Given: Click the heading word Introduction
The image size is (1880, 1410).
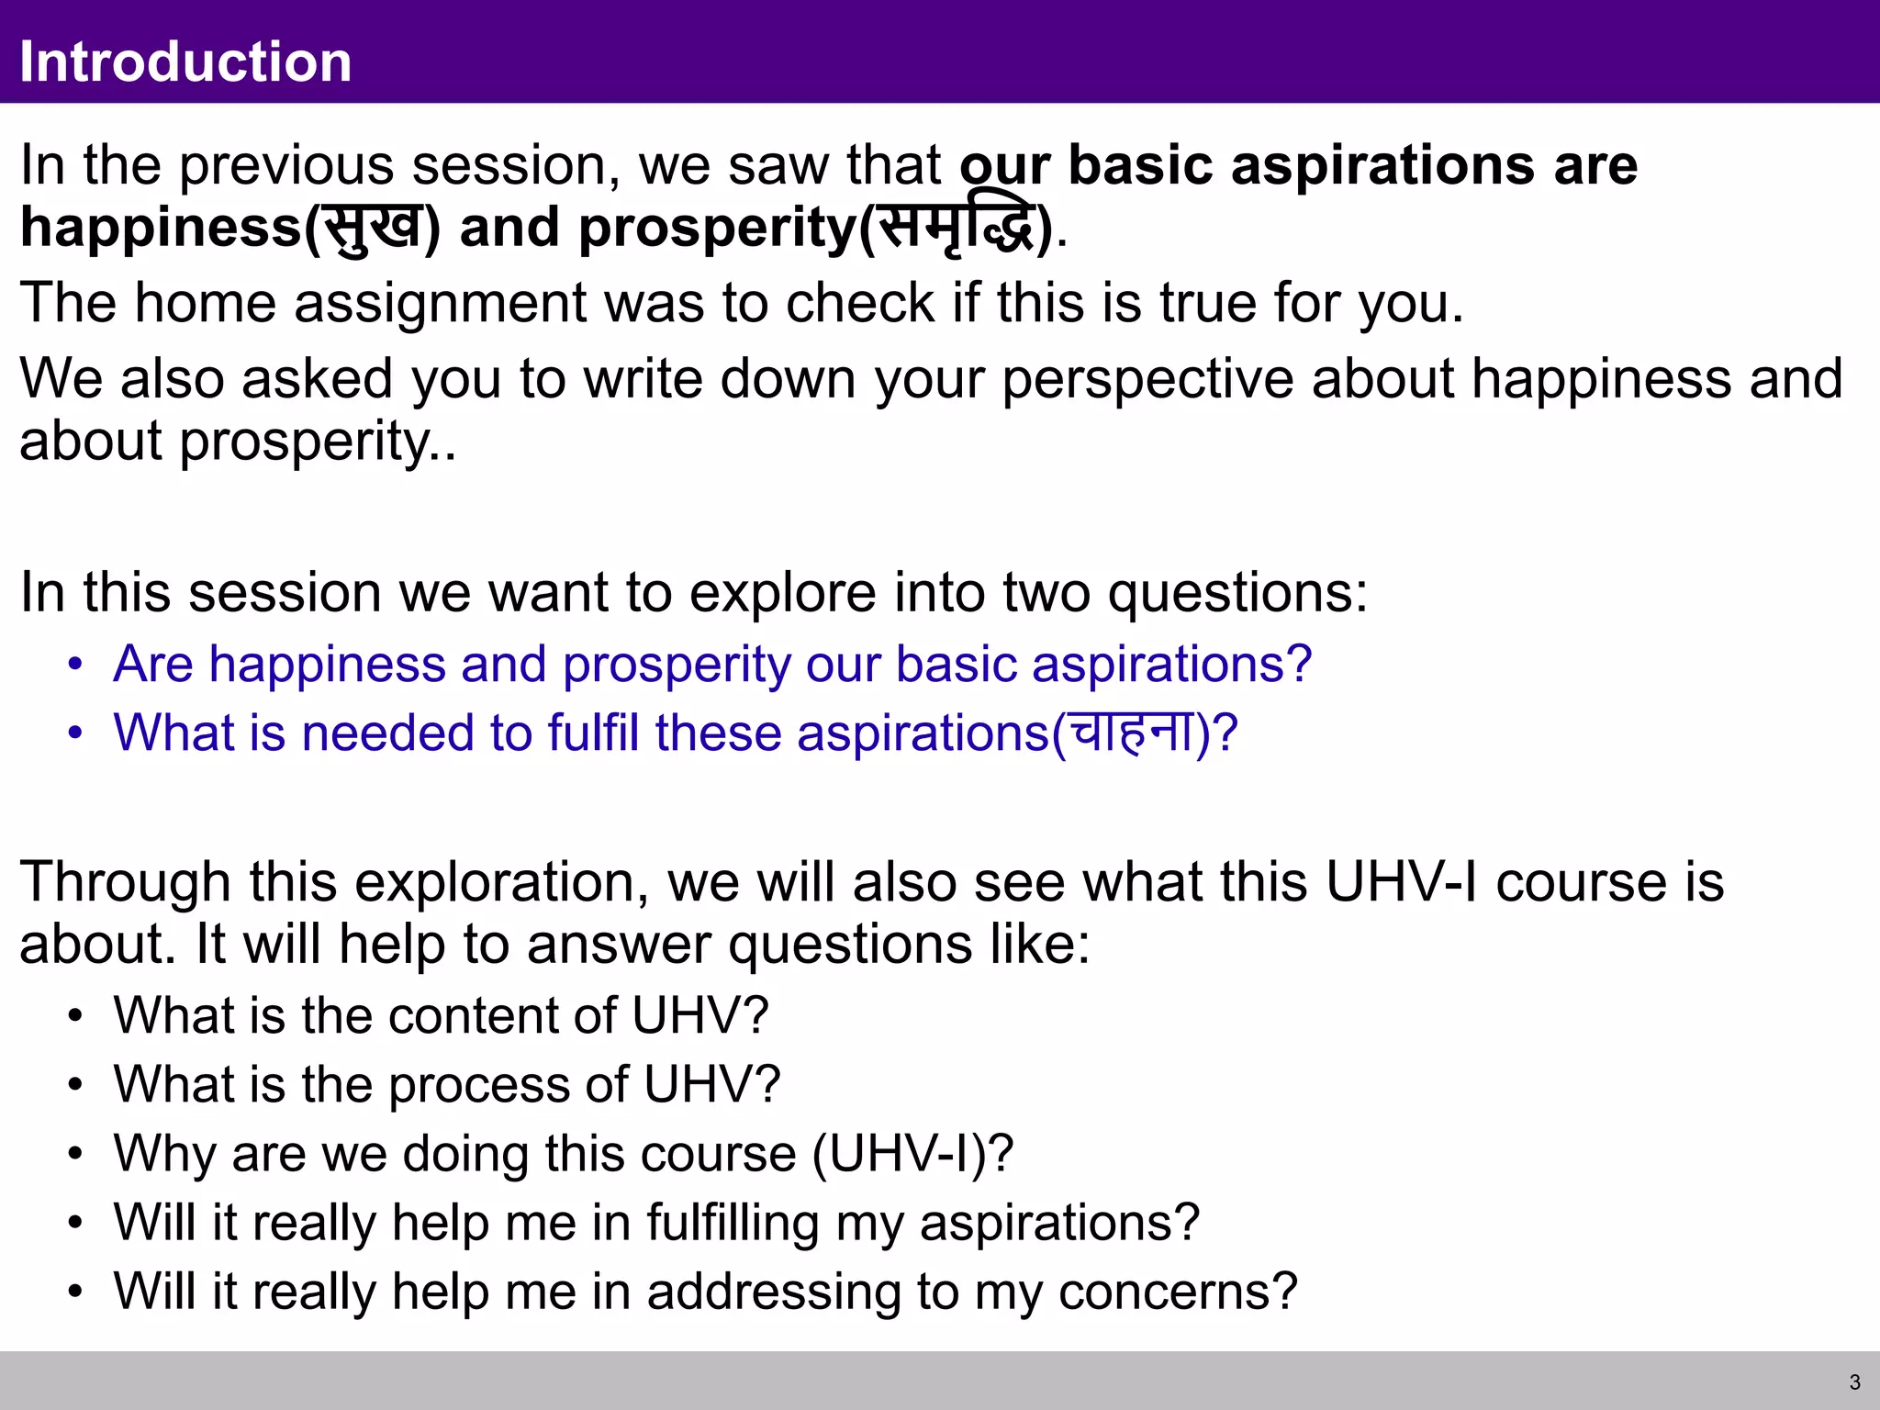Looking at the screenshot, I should click(x=185, y=62).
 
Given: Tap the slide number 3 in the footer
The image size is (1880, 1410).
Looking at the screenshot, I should click(x=1854, y=1382).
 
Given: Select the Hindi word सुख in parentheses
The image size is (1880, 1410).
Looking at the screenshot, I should click(x=373, y=228).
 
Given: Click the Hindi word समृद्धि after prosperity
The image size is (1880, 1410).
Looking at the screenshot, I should click(x=956, y=228).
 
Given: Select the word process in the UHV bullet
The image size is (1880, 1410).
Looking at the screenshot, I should click(x=479, y=1085).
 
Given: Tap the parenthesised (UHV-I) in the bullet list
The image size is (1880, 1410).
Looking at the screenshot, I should click(x=912, y=1154).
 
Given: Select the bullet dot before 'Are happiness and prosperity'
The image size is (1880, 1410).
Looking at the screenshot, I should click(x=75, y=665).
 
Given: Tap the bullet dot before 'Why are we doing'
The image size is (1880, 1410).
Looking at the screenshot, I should click(x=75, y=1155).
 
